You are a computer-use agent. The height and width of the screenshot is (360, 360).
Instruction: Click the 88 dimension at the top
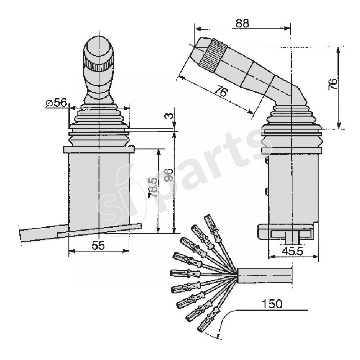242,23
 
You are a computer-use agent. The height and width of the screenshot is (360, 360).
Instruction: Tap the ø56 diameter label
56,103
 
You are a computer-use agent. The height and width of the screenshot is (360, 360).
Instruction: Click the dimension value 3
168,116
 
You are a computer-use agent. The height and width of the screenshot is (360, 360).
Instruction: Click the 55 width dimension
98,245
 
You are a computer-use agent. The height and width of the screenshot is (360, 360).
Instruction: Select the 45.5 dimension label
292,251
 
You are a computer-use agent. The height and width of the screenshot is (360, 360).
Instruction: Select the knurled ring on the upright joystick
98,66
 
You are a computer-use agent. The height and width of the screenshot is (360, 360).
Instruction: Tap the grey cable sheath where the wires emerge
265,274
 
